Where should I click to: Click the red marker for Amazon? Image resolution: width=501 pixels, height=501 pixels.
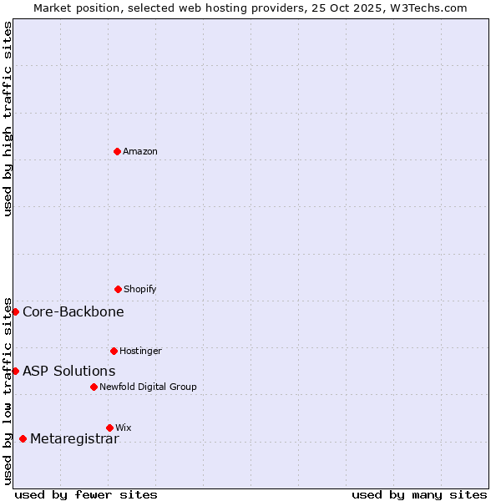(x=117, y=151)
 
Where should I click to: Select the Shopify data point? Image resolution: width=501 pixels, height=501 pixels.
(x=118, y=289)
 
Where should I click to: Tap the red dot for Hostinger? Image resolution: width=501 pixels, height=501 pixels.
(x=114, y=351)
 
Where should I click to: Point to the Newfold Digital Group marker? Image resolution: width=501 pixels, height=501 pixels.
(x=94, y=387)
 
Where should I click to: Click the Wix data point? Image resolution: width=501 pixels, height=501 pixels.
(x=109, y=428)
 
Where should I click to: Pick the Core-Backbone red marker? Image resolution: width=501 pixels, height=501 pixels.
(x=15, y=311)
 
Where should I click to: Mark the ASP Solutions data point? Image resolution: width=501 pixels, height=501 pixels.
(x=15, y=371)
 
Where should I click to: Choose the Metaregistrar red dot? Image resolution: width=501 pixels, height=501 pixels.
(x=23, y=438)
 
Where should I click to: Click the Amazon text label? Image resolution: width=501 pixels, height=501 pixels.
(x=140, y=151)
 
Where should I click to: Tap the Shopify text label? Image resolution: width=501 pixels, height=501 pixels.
(x=140, y=289)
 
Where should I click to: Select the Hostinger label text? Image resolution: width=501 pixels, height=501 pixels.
(x=140, y=351)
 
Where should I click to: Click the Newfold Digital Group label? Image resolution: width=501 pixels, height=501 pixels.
(x=148, y=387)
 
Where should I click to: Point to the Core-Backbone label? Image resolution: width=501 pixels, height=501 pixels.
(x=73, y=311)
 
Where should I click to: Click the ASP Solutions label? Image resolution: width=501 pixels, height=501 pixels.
(x=69, y=371)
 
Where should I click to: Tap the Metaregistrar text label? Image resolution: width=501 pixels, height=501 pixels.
(x=74, y=439)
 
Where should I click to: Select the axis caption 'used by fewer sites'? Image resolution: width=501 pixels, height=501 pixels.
(x=86, y=494)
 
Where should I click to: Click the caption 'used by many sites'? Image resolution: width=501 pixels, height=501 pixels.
(x=419, y=494)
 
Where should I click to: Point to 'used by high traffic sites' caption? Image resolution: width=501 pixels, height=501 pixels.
(x=8, y=119)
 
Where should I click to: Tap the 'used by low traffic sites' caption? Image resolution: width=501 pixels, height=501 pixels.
(x=8, y=391)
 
